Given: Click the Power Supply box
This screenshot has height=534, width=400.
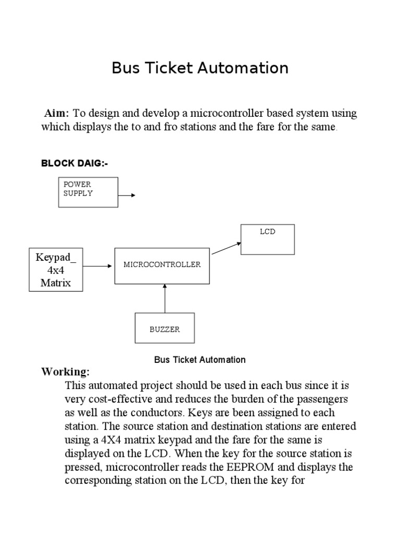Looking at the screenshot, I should (x=88, y=192).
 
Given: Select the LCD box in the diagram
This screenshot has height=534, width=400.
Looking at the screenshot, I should (x=267, y=239).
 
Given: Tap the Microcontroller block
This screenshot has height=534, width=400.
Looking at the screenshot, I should (x=162, y=265).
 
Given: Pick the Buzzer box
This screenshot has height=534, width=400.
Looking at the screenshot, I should (x=165, y=329).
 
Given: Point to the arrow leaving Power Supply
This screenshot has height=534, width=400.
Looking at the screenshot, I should (x=127, y=195).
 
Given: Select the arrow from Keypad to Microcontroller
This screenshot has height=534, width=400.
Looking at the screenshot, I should (x=98, y=266).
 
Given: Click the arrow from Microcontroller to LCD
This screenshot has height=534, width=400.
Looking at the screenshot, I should (x=226, y=248).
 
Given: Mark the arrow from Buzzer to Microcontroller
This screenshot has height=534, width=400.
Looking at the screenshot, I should (x=165, y=298).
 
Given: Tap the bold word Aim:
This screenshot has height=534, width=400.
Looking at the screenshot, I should (x=57, y=114).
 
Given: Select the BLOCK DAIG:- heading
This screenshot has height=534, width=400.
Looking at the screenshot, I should (x=74, y=164).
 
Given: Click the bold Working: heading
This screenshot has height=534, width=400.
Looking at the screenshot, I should (x=66, y=372).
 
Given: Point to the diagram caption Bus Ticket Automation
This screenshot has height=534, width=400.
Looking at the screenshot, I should (x=199, y=360).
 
